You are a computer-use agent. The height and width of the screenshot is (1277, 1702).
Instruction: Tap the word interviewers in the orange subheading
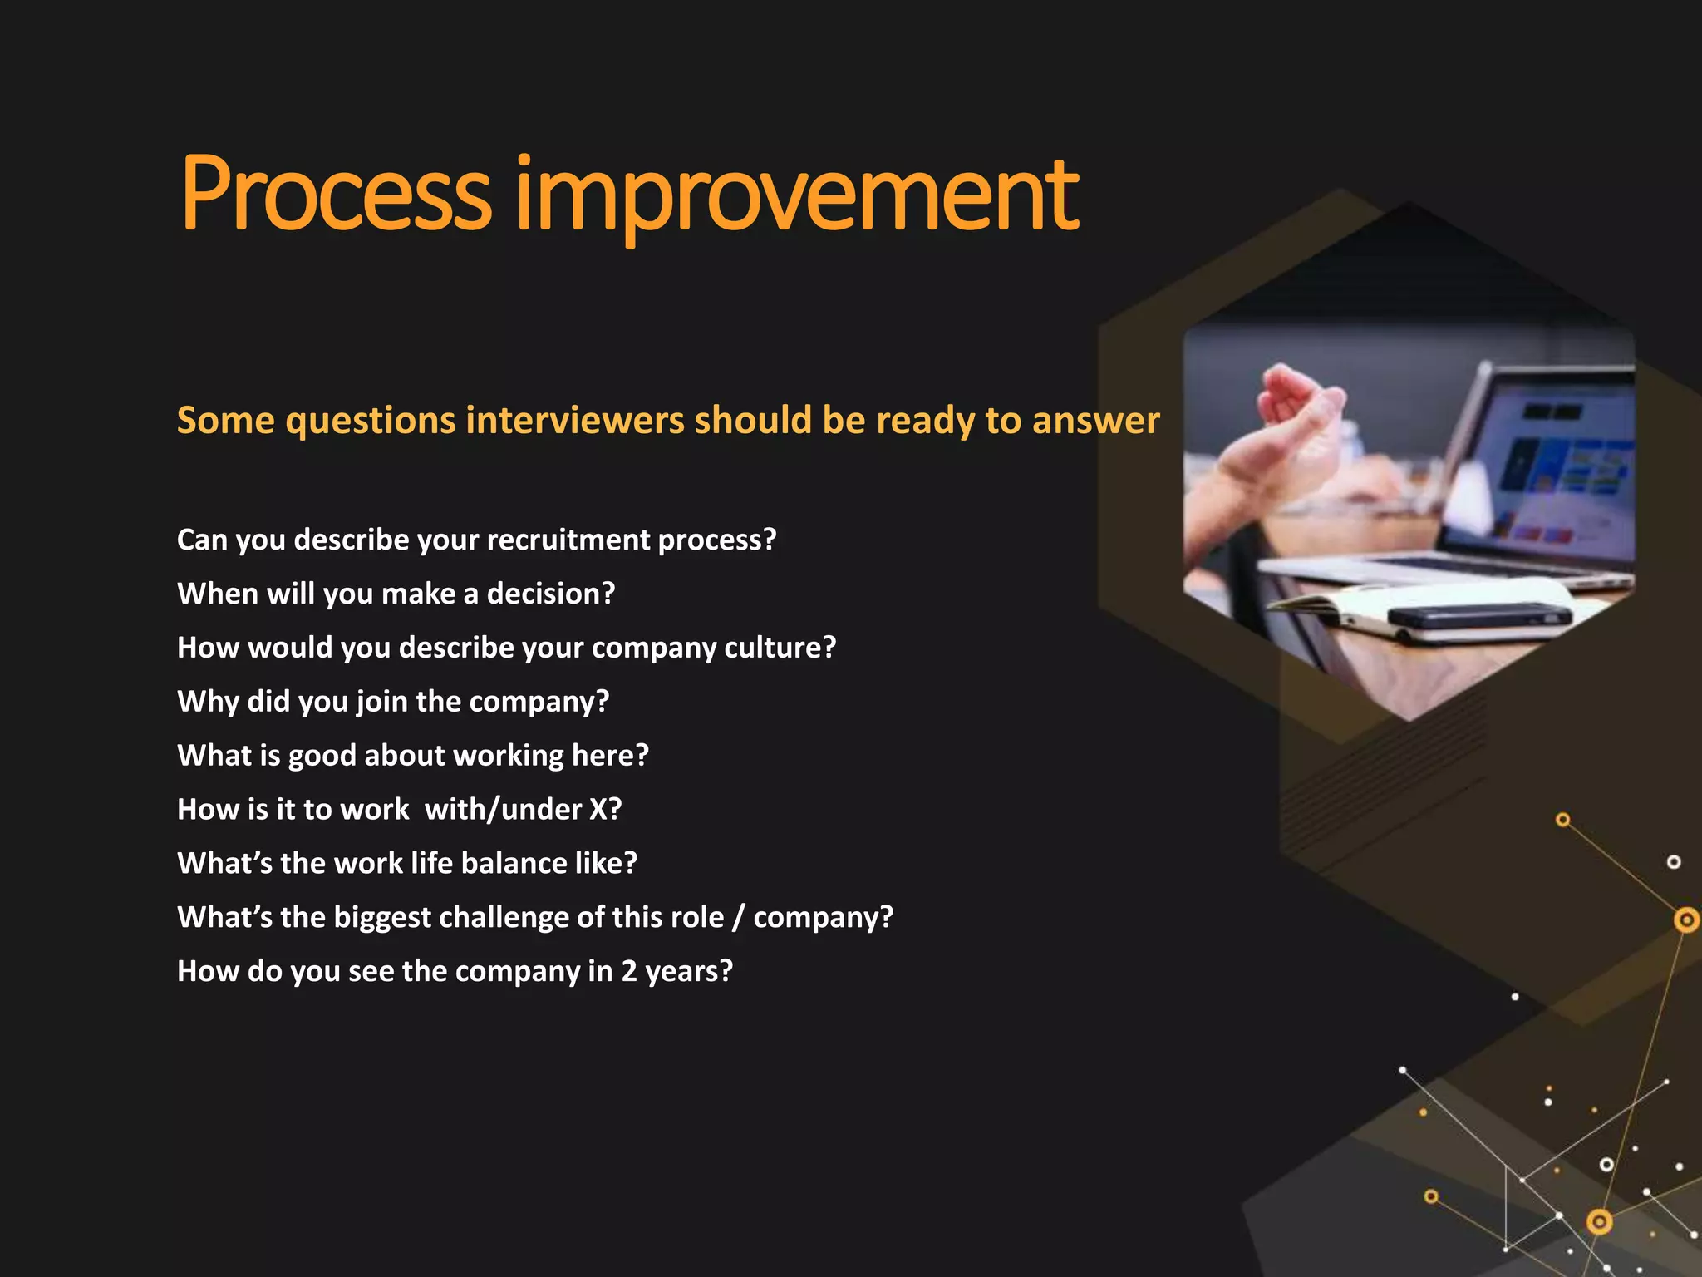tap(574, 420)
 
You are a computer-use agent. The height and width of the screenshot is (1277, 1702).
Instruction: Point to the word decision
tap(550, 594)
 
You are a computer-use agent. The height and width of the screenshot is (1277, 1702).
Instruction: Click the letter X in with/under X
tap(600, 809)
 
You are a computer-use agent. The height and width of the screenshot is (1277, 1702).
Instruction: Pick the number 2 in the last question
tap(629, 971)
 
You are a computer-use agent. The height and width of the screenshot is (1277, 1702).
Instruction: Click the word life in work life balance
tap(431, 863)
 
